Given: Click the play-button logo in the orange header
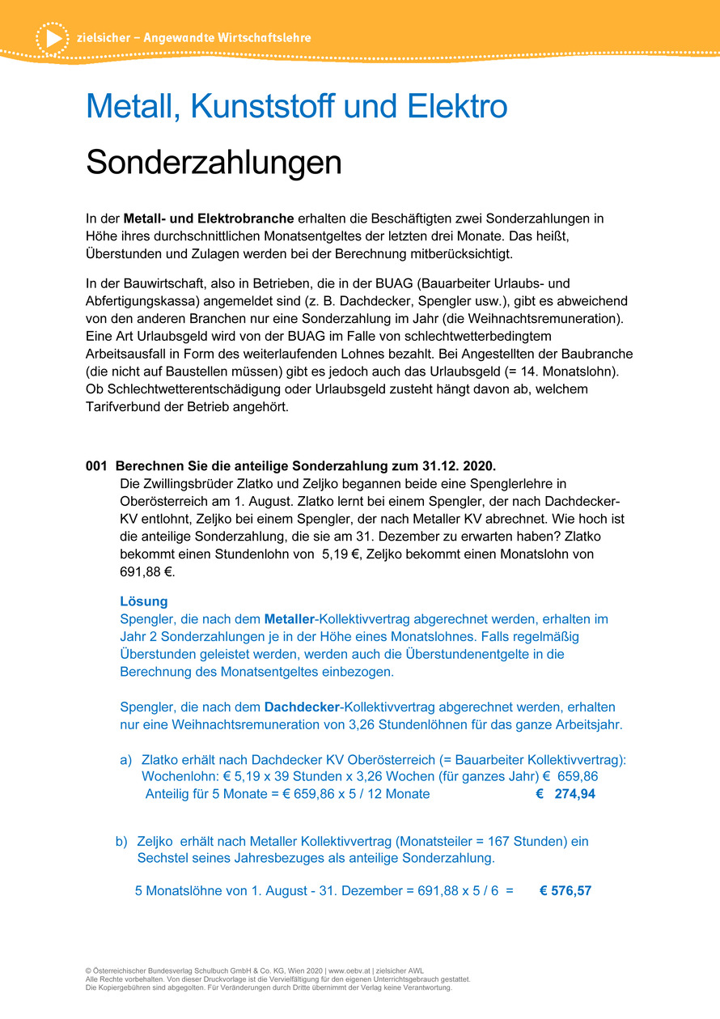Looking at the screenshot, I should [x=53, y=38].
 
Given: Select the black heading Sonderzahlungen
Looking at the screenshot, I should [x=214, y=162].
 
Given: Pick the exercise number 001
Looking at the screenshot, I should [x=96, y=466].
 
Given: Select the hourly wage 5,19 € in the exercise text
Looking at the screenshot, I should [x=340, y=554].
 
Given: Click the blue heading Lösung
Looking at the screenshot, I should [x=143, y=601].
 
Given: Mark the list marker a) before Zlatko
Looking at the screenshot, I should [x=125, y=760].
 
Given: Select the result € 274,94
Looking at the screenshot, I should [x=565, y=794].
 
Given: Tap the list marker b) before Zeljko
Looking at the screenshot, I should [x=122, y=841].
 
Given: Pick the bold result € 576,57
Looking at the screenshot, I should [x=565, y=890].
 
